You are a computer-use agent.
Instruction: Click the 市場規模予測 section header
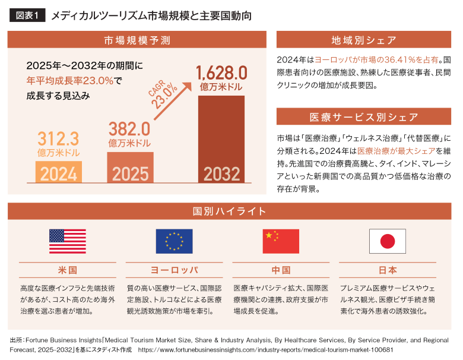(x=137, y=40)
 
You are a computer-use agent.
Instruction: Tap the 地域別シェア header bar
(x=364, y=40)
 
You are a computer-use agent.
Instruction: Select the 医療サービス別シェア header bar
(x=364, y=116)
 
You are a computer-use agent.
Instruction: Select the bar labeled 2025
(x=130, y=167)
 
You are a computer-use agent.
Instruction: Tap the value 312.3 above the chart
(x=58, y=139)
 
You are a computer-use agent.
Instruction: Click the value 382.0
(x=128, y=128)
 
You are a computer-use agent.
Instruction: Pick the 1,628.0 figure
(x=221, y=72)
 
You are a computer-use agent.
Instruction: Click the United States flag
(x=68, y=241)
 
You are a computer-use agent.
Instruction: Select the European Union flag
(x=174, y=241)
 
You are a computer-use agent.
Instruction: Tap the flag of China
(x=281, y=241)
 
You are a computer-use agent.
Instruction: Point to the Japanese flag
(x=387, y=241)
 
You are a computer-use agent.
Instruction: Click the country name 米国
(x=68, y=270)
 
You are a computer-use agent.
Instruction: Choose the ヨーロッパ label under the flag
(x=174, y=270)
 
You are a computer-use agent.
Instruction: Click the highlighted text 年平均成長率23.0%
(x=70, y=80)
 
